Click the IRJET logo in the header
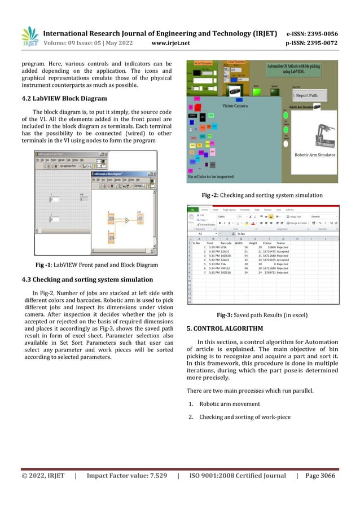30,37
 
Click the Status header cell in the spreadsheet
281,243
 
